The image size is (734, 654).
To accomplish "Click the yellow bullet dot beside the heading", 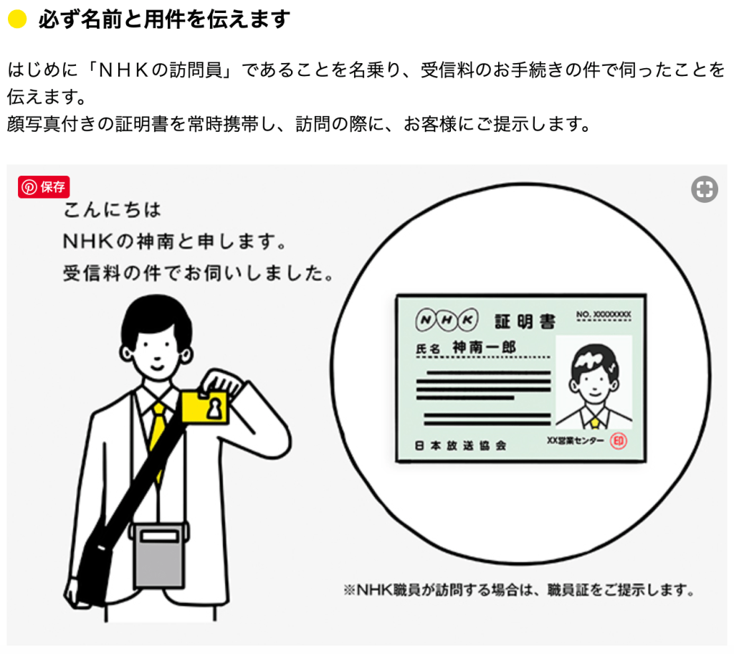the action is (17, 19).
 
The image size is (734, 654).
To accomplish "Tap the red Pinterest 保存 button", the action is (44, 187).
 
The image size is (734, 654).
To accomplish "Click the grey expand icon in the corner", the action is (705, 189).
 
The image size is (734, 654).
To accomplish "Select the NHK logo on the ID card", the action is (447, 320).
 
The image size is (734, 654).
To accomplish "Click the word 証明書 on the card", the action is (525, 321).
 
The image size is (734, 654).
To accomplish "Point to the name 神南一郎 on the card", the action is (484, 347).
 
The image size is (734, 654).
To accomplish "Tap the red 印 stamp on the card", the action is (619, 441).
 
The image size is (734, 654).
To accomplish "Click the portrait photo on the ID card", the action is (594, 381).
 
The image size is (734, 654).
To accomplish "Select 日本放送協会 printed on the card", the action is (460, 445).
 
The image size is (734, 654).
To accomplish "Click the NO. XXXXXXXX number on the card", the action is (604, 314).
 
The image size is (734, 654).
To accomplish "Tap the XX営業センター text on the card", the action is (576, 441).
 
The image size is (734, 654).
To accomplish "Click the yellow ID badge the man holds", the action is (205, 407).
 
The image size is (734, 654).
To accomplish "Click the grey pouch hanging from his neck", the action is (158, 555).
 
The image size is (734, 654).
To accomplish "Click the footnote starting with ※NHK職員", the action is (519, 589).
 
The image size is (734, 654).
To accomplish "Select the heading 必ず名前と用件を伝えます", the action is (164, 19).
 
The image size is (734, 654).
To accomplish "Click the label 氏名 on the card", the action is (427, 349).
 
